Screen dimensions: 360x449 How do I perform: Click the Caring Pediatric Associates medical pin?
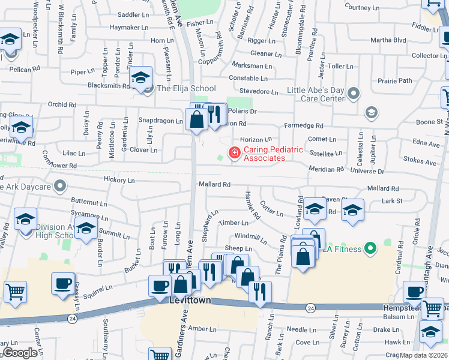[x=234, y=154]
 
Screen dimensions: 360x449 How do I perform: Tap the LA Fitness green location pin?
[x=371, y=248]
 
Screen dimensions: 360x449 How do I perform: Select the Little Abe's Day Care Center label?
[x=315, y=94]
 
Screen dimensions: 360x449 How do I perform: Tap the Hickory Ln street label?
[x=119, y=179]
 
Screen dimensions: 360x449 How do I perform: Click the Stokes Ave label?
[x=420, y=162]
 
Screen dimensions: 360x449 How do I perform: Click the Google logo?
[x=20, y=352]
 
